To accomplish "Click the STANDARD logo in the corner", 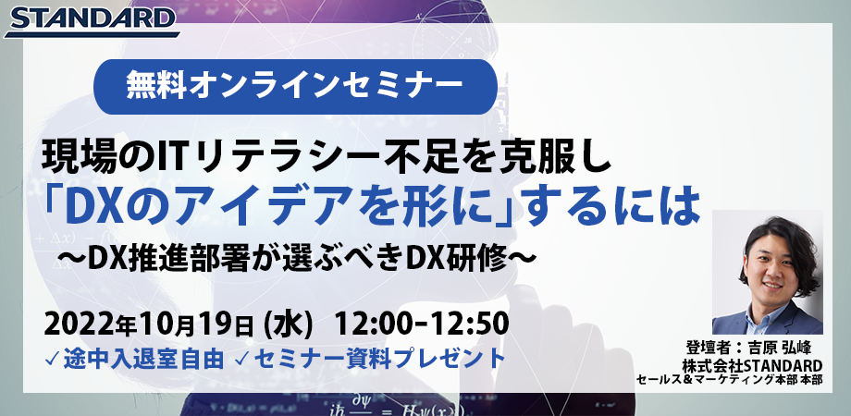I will (x=90, y=19).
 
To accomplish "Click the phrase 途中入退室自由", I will (x=145, y=359).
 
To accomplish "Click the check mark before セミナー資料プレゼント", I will (x=241, y=359).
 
